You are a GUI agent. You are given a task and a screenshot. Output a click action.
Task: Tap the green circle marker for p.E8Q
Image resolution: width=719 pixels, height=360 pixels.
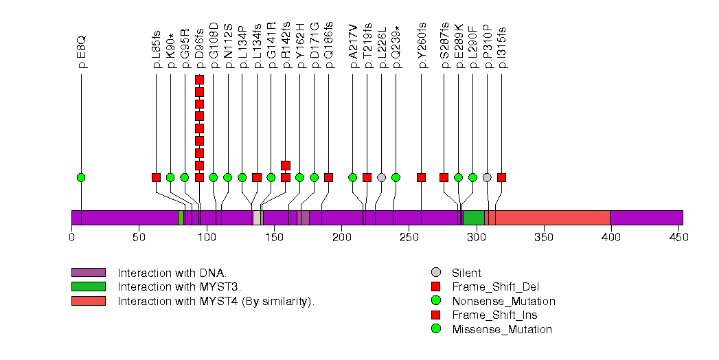(82, 177)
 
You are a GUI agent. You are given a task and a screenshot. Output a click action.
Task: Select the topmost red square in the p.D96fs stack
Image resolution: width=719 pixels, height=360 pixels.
(199, 80)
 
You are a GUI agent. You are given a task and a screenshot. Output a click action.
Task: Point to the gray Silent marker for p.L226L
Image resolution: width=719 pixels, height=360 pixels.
(381, 177)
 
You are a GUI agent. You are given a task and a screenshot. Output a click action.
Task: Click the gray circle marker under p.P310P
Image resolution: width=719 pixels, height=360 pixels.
(487, 177)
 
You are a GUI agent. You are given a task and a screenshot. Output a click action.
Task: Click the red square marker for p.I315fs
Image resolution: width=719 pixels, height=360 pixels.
(501, 177)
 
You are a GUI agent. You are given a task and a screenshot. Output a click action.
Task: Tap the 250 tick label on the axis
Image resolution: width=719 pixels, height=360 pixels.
(409, 238)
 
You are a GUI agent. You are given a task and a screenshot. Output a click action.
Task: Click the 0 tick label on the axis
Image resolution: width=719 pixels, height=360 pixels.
(71, 238)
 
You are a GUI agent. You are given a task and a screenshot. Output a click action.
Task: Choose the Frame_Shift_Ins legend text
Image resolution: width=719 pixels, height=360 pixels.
(494, 315)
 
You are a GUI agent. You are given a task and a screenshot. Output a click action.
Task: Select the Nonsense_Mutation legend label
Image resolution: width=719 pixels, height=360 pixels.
(503, 301)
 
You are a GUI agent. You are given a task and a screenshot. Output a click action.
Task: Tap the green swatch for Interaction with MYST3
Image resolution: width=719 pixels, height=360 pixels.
(88, 286)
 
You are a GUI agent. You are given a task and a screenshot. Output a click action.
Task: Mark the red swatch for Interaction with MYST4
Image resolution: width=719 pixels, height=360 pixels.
(88, 301)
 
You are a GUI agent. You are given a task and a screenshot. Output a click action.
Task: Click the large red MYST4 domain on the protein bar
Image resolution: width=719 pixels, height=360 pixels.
(552, 218)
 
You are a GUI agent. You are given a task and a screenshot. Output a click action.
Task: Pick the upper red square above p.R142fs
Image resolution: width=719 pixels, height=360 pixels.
(286, 165)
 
